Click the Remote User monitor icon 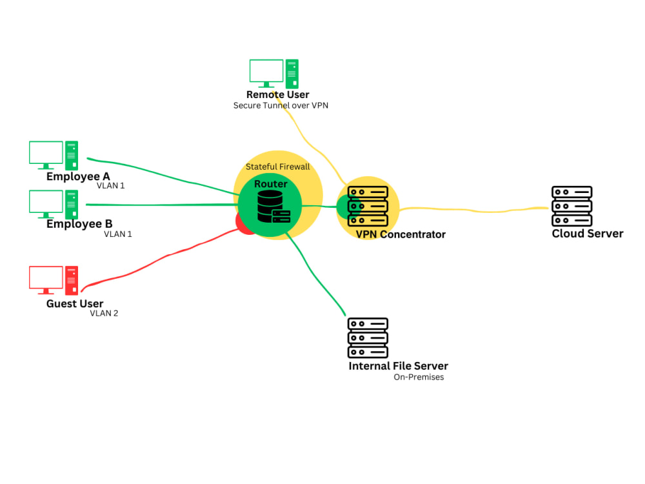266,72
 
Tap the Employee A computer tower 72,156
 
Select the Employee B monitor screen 46,202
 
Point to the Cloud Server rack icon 571,207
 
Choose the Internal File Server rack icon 368,338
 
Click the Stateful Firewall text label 277,166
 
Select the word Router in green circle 271,184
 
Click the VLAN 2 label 104,314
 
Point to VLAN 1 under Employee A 110,186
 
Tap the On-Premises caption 419,377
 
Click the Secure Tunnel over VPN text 281,105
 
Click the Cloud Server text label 588,234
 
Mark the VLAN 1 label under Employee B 118,234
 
